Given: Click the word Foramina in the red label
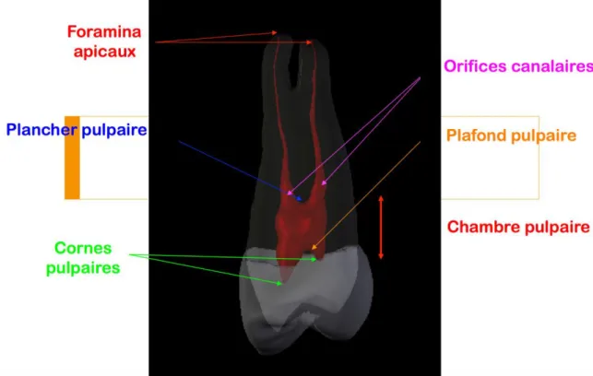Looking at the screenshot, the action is (x=104, y=31).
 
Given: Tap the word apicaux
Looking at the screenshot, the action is (x=105, y=52).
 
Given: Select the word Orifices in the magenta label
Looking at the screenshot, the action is (x=475, y=66).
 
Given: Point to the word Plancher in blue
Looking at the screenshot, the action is (x=42, y=130).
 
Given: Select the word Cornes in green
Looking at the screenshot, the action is (x=83, y=248).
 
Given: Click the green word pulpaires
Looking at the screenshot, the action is (x=83, y=268).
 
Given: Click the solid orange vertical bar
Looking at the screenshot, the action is (x=72, y=158).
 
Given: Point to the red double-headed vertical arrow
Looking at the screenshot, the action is (x=381, y=227).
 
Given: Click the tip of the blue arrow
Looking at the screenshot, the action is (x=302, y=200).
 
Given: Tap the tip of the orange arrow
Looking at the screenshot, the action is (x=311, y=250).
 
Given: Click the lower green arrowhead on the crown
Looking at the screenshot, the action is (x=282, y=284).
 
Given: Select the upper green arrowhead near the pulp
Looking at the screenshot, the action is (x=316, y=259).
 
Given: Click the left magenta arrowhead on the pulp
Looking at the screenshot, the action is (x=288, y=194).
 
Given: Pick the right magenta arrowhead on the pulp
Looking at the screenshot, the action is (x=322, y=185).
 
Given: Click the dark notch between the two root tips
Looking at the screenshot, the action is (x=295, y=66).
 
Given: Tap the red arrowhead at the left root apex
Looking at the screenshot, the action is (x=277, y=33).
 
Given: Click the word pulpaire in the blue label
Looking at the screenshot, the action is (x=113, y=130).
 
